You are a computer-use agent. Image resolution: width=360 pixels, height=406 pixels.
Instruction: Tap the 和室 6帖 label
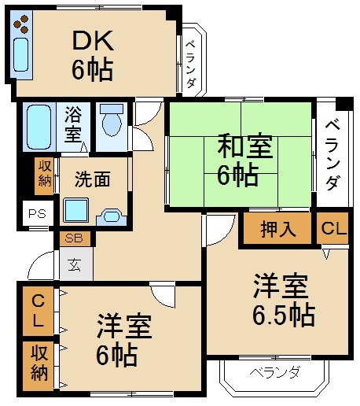pos(244,160)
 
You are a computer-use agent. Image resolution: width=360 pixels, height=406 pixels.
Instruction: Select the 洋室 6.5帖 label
pos(283,300)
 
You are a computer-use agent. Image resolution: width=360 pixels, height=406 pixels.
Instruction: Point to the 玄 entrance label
pos(73,265)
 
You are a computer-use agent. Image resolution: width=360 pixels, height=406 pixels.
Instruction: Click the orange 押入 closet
pos(277,229)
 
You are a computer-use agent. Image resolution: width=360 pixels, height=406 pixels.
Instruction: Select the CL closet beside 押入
pos(333,229)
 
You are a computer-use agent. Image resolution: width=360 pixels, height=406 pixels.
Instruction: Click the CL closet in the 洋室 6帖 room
pos(37,310)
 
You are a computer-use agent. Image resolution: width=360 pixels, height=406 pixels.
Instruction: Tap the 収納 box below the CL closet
pos(38,363)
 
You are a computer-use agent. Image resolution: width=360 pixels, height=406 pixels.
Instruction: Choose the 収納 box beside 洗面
pos(44,174)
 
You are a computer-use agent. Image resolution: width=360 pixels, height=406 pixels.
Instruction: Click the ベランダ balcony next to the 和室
pos(332,154)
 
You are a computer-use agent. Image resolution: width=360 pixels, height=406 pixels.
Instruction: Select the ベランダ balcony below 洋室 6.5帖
pos(275,372)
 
